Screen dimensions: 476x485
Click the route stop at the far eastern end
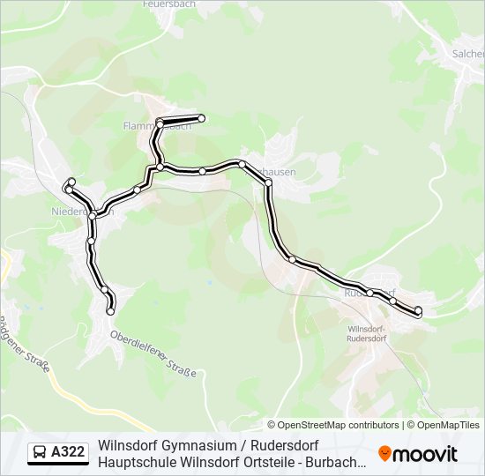click(x=418, y=310)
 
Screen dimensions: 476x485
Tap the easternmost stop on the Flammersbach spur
click(x=201, y=118)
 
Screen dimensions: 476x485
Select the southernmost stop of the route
click(x=111, y=310)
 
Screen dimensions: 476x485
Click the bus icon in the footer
click(x=40, y=453)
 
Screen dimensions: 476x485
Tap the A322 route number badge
click(x=68, y=453)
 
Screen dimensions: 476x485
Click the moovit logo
click(x=418, y=454)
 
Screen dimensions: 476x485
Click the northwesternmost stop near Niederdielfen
click(x=71, y=182)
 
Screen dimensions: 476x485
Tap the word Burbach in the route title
click(x=337, y=462)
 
